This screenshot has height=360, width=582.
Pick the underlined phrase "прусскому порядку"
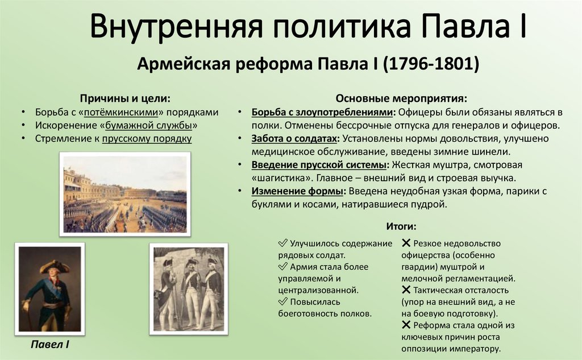[x=147, y=138]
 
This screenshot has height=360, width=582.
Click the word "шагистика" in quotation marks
[x=278, y=178]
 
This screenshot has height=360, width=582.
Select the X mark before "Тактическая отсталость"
[x=406, y=290]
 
